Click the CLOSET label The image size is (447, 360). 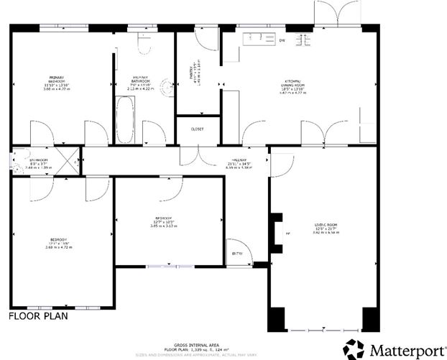pyautogui.click(x=197, y=129)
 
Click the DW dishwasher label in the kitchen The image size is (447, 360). pyautogui.click(x=282, y=40)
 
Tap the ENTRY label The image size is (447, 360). pyautogui.click(x=237, y=254)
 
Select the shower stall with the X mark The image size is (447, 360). pyautogui.click(x=69, y=161)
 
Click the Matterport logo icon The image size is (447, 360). pyautogui.click(x=354, y=349)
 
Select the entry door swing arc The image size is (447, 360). pyautogui.click(x=236, y=245)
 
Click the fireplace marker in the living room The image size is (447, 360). pyautogui.click(x=287, y=234)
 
